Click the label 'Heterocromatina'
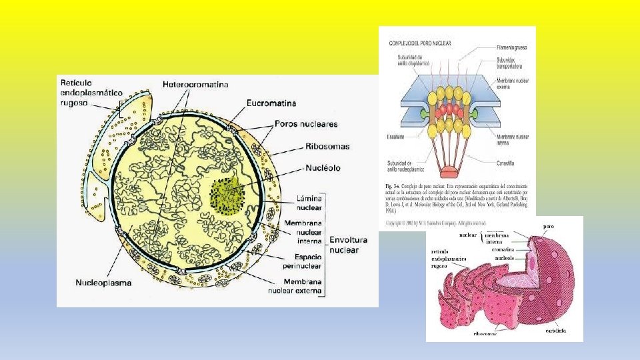point(195,85)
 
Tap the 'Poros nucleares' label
point(306,124)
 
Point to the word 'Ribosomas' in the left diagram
point(327,147)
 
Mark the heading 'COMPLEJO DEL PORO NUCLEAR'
point(420,44)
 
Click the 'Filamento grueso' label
point(513,48)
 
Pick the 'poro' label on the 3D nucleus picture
point(549,226)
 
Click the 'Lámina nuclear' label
point(304,203)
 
